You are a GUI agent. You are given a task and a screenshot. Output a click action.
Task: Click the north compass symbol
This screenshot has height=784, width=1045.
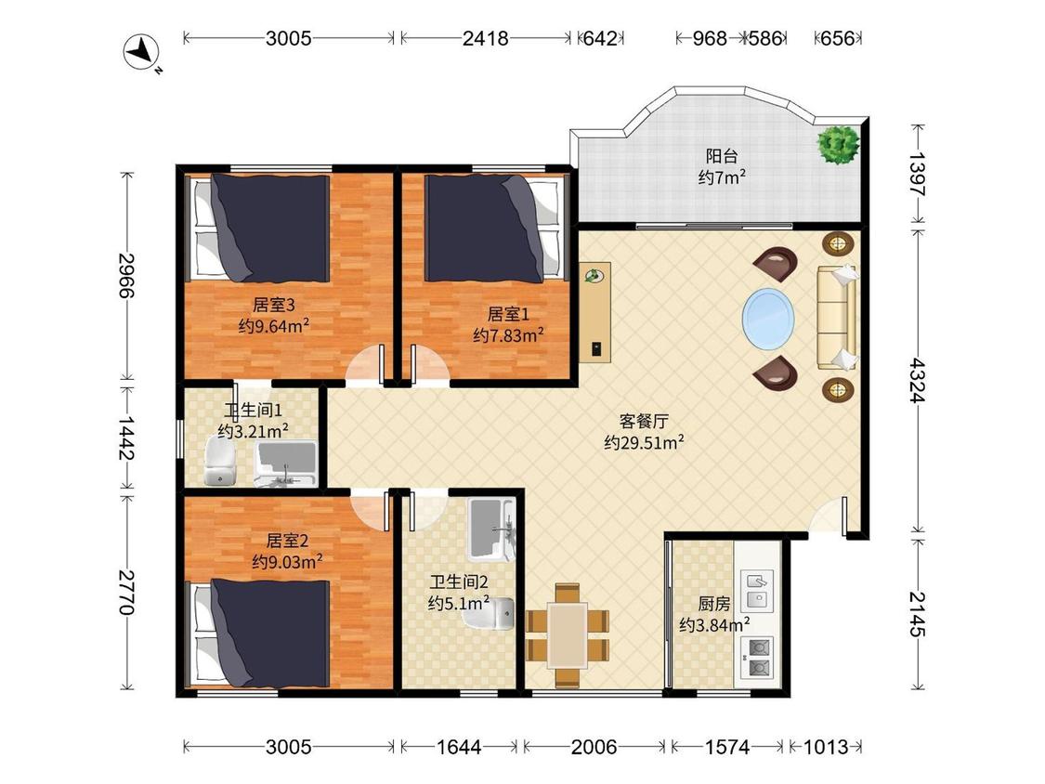coord(141,52)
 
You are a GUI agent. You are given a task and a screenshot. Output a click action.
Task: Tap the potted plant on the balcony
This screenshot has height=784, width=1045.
coord(839,144)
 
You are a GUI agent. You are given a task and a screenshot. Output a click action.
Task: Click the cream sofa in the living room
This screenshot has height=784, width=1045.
coord(837,318)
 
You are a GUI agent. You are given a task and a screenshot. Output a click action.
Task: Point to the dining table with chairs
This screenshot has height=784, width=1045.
coord(568,635)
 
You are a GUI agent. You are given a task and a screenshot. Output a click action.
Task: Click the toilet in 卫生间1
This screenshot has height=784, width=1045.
coord(220,461)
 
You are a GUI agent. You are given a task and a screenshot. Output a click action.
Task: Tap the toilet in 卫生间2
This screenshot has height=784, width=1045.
coord(490,613)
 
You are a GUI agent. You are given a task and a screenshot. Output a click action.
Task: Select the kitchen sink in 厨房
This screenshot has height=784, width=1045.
coord(758,590)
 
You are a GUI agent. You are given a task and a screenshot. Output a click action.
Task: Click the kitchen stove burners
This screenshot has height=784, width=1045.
coord(758,658)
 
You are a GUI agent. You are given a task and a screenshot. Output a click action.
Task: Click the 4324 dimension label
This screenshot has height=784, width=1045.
coord(918,381)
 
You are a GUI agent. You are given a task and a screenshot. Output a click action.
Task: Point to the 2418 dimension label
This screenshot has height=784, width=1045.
coord(485,38)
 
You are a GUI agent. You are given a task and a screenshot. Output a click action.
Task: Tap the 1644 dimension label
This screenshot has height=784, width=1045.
coord(459,747)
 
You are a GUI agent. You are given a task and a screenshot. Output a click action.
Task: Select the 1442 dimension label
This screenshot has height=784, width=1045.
coord(126,438)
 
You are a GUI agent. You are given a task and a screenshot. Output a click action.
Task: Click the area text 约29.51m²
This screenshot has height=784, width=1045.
coord(644,442)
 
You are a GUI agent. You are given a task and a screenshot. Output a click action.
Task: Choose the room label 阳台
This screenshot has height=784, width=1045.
coord(722,156)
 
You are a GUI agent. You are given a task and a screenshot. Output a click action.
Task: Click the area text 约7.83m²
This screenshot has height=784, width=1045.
coord(508,334)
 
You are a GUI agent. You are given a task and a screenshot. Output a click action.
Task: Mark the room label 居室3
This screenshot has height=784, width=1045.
coord(273,305)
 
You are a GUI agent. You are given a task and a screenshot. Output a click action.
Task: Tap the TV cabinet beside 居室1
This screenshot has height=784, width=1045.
coord(594,312)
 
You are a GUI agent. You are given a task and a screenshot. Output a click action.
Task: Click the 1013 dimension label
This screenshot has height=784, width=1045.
coord(826,747)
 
